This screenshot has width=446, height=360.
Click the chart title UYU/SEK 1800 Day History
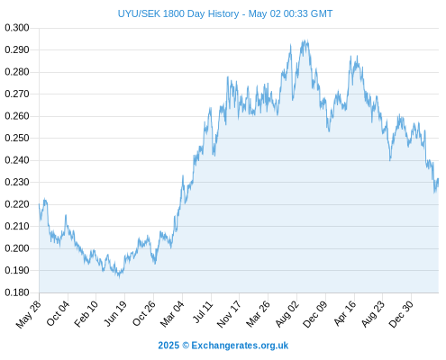tap(178, 13)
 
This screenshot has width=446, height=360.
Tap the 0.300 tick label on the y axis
tap(17, 28)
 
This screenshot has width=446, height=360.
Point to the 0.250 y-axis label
tap(17, 138)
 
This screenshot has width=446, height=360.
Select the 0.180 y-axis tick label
tap(17, 292)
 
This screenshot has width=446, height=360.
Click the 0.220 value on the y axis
tap(17, 204)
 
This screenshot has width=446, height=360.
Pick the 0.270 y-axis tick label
tap(17, 94)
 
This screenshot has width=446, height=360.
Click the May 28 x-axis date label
tap(28, 314)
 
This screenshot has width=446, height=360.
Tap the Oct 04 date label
tap(58, 314)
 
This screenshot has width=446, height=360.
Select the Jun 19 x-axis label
tap(114, 314)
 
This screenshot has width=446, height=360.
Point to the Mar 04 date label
tap(172, 314)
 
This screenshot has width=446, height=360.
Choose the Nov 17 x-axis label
tap(229, 314)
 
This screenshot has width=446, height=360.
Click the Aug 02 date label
tap(287, 314)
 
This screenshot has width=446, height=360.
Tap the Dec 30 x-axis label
tap(401, 314)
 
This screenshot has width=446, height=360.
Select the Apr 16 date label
tap(345, 313)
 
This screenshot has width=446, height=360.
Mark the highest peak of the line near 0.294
tap(305, 40)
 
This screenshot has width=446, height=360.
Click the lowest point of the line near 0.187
tap(119, 276)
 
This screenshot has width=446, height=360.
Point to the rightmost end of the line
tap(438, 179)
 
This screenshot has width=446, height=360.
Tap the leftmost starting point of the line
tap(39, 204)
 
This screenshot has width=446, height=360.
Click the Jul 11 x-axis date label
tap(203, 312)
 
